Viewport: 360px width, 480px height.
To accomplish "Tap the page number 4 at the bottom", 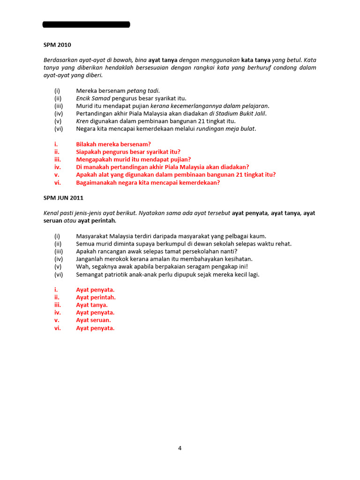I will (180, 448).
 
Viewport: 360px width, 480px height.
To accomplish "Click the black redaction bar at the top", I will (86, 24).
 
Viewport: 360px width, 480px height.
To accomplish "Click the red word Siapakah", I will (89, 152).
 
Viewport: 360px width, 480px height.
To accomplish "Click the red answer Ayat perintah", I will (96, 297).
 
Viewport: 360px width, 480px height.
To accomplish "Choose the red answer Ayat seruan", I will (94, 320).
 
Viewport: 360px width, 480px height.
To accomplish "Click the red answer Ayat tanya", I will (92, 305).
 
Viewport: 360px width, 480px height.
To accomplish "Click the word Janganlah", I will (90, 259).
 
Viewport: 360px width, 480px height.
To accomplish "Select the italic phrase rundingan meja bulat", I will (227, 129).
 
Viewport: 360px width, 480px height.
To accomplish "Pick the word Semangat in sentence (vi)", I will (90, 275).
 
